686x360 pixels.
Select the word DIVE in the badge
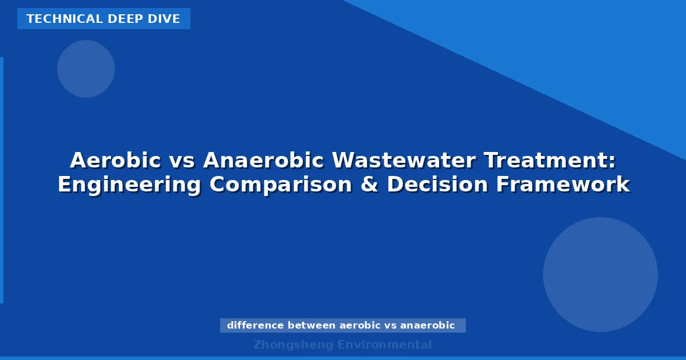(x=166, y=19)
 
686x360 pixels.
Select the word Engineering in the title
(x=129, y=185)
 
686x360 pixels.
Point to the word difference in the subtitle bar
(x=255, y=326)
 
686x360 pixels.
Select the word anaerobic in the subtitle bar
(x=428, y=326)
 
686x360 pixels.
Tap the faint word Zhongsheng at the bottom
(x=293, y=345)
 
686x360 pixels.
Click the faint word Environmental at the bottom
(x=385, y=345)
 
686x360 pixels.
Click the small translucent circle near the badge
(x=86, y=69)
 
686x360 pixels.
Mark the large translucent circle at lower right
(x=600, y=274)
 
